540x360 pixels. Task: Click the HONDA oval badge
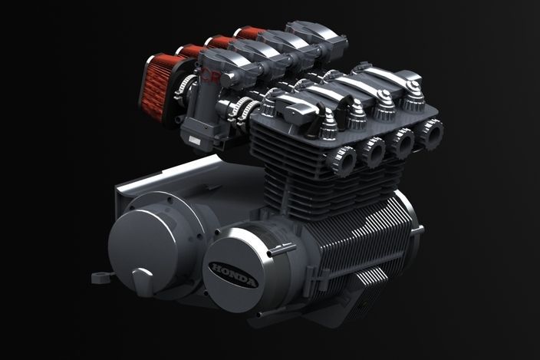click(x=233, y=275)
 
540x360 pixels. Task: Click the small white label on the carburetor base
click(x=195, y=140)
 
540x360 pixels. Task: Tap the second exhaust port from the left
click(x=374, y=151)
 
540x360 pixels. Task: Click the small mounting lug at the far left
click(x=101, y=276)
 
